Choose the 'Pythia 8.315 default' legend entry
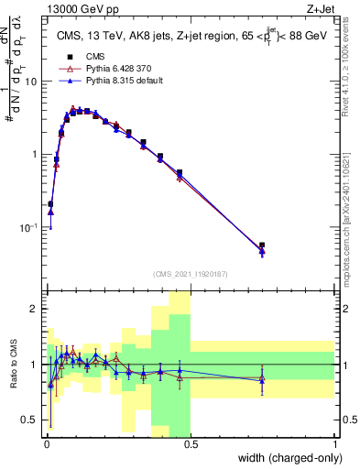pyautogui.click(x=94, y=81)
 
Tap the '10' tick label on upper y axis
pyautogui.click(x=31, y=82)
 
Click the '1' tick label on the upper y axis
pyautogui.click(x=35, y=154)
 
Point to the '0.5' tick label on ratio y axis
pyautogui.click(x=30, y=420)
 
